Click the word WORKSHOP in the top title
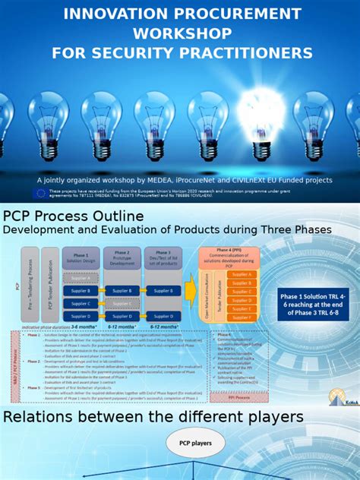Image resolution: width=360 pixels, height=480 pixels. click(x=181, y=33)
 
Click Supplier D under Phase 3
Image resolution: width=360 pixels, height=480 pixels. click(x=163, y=315)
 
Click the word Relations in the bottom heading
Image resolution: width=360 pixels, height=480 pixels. click(x=49, y=417)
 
